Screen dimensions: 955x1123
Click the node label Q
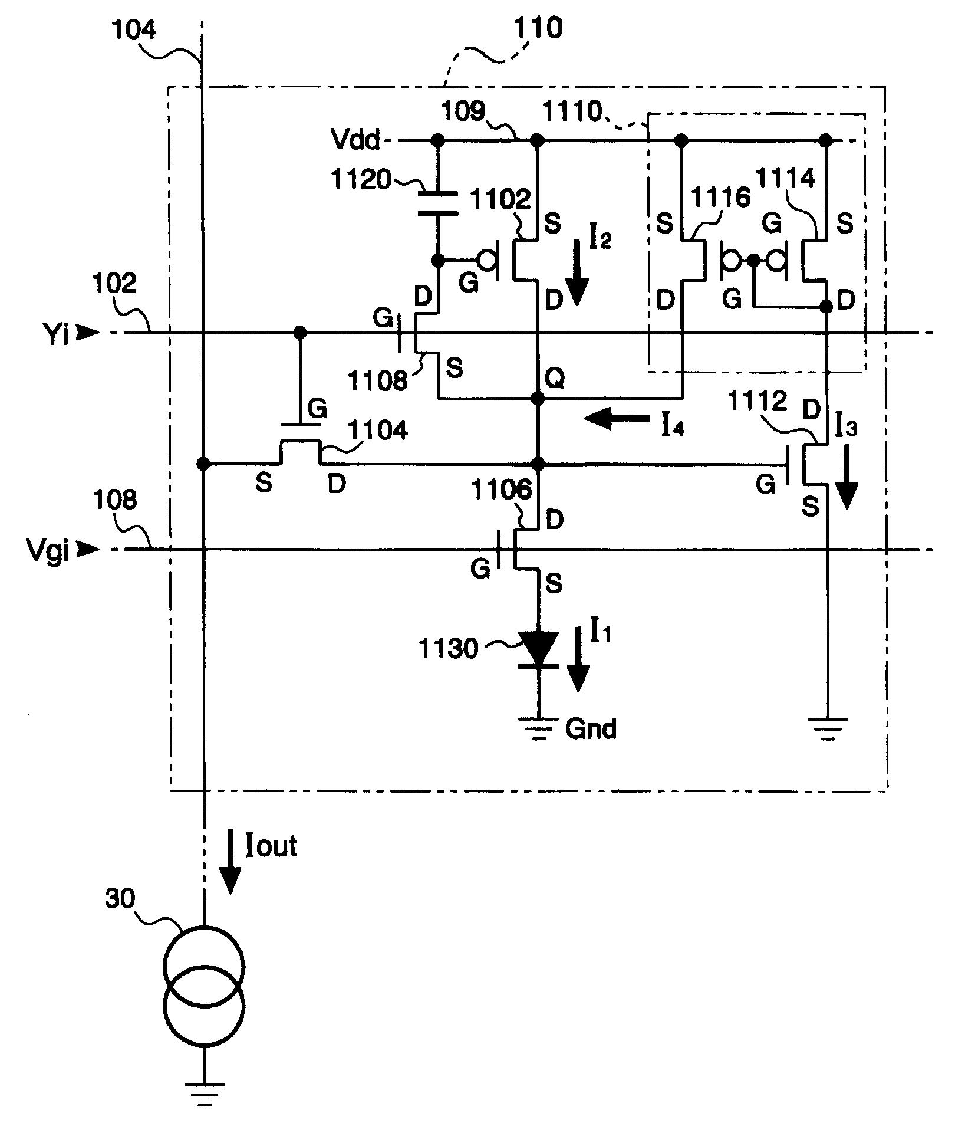tap(555, 378)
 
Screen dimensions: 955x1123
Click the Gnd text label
tap(591, 730)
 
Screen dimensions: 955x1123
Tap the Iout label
tap(271, 845)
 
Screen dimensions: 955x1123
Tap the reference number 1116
tap(721, 198)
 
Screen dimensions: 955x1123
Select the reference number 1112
tap(758, 402)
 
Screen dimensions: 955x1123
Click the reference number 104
tap(134, 29)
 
